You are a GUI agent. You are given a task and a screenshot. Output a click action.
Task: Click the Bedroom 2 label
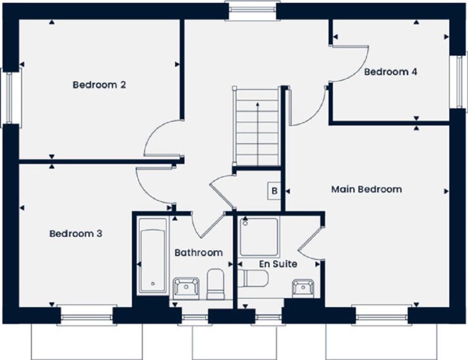99,85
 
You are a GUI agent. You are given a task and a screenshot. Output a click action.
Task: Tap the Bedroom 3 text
76,234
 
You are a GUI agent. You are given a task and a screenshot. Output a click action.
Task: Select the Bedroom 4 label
390,72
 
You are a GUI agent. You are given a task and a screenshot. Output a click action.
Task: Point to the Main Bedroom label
367,189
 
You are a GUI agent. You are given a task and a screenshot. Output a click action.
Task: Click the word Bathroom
198,253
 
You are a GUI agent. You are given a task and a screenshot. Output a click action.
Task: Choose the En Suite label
278,264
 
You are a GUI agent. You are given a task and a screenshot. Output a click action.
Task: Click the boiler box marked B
274,191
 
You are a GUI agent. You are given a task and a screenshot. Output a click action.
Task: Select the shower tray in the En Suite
259,236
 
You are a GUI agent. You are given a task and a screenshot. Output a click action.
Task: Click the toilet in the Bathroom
215,284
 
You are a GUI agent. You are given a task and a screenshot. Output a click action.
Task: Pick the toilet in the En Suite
253,278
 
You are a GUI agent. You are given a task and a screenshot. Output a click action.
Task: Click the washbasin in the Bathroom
186,288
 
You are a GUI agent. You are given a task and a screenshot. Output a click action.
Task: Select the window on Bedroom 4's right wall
458,82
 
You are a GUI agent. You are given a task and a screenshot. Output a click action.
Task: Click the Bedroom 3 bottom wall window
86,316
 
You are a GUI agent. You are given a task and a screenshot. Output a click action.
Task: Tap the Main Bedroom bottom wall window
381,316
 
